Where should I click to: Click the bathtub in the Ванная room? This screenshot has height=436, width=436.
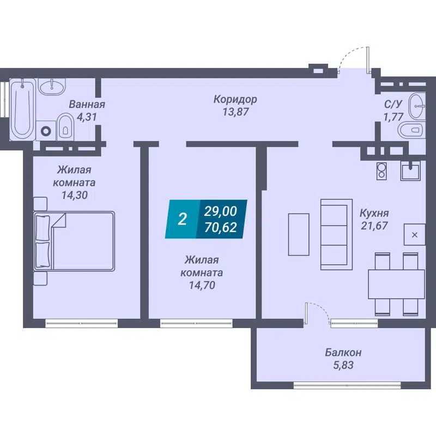click(x=23, y=109)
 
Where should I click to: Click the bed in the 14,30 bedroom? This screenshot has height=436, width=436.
click(x=75, y=241)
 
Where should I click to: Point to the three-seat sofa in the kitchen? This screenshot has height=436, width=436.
click(x=334, y=233)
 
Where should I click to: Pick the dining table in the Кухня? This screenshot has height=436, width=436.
click(x=396, y=284)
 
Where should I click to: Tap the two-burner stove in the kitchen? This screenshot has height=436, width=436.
click(x=381, y=171)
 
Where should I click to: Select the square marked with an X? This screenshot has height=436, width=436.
click(x=414, y=235)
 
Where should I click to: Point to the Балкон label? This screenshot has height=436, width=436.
click(x=343, y=353)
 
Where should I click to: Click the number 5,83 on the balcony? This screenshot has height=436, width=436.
click(x=343, y=365)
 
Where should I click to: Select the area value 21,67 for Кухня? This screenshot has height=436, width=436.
click(x=374, y=225)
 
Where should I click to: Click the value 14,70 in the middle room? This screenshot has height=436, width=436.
click(x=203, y=284)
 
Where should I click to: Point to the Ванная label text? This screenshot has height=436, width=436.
click(x=87, y=105)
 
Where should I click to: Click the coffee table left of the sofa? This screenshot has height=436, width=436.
click(x=298, y=234)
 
